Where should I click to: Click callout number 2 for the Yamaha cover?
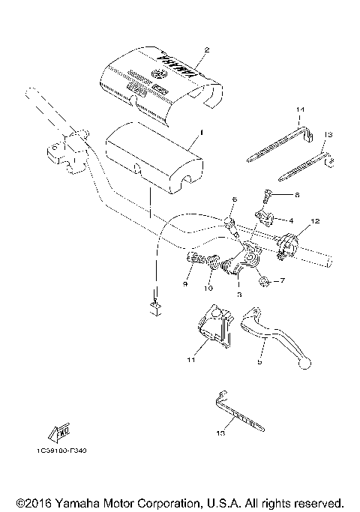pyautogui.click(x=205, y=51)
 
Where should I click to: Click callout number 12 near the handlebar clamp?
pyautogui.click(x=316, y=221)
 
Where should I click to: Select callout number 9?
pyautogui.click(x=184, y=284)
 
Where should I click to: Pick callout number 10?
pyautogui.click(x=208, y=287)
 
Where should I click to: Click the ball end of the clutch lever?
pyautogui.click(x=304, y=364)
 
